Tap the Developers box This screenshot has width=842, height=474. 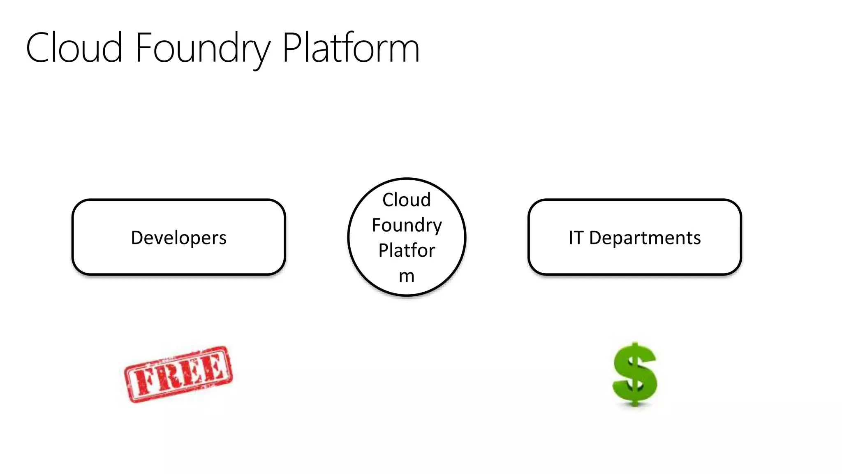[x=178, y=237]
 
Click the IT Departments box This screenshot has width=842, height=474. [x=634, y=237]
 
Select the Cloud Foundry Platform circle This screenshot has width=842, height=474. [x=407, y=237]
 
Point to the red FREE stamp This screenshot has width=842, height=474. [x=178, y=374]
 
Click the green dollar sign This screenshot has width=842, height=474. [x=634, y=374]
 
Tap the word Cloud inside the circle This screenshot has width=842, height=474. [x=407, y=200]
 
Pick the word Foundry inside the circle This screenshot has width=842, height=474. [x=407, y=225]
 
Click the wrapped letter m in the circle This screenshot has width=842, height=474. [x=407, y=276]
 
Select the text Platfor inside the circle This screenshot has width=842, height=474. [x=407, y=251]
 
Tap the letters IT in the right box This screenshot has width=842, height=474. [x=576, y=238]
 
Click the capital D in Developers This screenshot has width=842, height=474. [x=136, y=238]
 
